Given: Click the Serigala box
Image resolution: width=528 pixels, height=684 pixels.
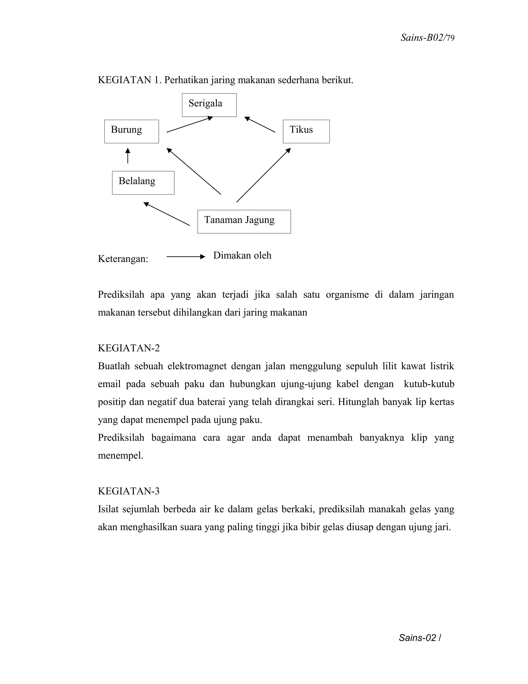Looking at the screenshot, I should [x=209, y=105].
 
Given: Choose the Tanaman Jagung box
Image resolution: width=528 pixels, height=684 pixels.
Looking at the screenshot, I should [x=244, y=221].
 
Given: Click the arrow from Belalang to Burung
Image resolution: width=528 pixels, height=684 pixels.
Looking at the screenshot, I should [x=128, y=156].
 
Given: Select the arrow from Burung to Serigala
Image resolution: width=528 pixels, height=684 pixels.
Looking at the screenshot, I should [x=189, y=125].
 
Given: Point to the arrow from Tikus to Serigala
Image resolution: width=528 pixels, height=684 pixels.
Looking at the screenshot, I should [x=260, y=125].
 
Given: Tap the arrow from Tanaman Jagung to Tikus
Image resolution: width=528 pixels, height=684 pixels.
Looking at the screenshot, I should [x=263, y=175].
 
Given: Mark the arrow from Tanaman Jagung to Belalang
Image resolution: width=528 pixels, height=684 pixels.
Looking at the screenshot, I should [x=166, y=214].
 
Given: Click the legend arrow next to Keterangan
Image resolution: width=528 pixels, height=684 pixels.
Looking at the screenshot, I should [x=185, y=257].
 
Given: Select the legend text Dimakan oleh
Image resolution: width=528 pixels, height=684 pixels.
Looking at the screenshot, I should [x=242, y=256].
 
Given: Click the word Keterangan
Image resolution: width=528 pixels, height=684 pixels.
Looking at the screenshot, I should [x=123, y=259].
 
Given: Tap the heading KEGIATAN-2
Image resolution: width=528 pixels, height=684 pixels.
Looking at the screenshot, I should [x=129, y=348].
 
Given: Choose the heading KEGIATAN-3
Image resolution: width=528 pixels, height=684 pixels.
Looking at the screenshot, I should [x=129, y=491].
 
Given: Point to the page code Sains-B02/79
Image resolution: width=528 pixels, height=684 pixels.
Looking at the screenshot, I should [x=427, y=38].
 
